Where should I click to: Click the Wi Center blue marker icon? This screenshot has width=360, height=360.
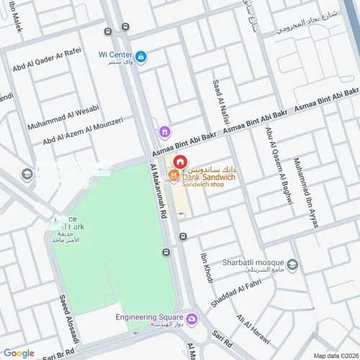click(141, 56)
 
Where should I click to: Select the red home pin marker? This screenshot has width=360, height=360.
click(179, 161)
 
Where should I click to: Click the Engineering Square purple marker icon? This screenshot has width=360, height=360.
click(191, 318)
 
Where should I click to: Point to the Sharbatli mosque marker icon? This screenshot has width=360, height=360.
click(292, 263)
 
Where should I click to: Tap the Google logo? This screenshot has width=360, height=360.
click(18, 353)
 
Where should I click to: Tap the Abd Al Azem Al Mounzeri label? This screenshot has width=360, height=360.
click(83, 135)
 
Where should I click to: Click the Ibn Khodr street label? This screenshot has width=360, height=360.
click(207, 266)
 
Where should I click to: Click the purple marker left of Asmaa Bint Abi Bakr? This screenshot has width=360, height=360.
click(165, 131)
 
